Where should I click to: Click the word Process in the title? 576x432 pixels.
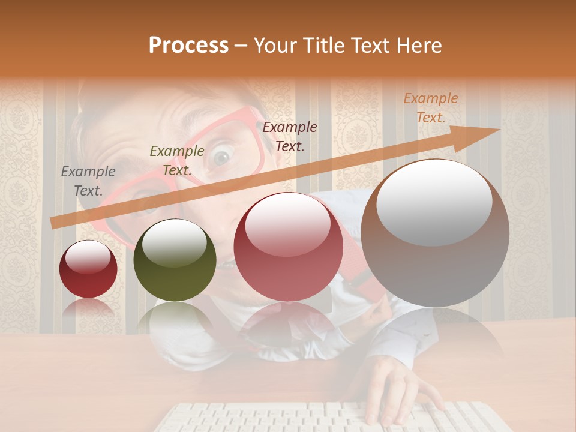[x=188, y=46]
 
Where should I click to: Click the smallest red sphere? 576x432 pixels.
[x=88, y=269]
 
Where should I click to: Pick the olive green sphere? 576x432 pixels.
[x=175, y=260]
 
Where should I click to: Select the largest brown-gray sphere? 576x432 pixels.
[x=435, y=233]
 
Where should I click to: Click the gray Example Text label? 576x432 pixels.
[x=88, y=181]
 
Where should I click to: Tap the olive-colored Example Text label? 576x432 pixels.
[x=176, y=161]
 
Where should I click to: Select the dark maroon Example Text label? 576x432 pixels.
[x=290, y=137]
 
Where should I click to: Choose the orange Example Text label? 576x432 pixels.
[x=430, y=108]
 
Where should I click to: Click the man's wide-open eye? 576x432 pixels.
[x=221, y=157]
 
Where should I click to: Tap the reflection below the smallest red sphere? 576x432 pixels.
[x=88, y=307]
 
